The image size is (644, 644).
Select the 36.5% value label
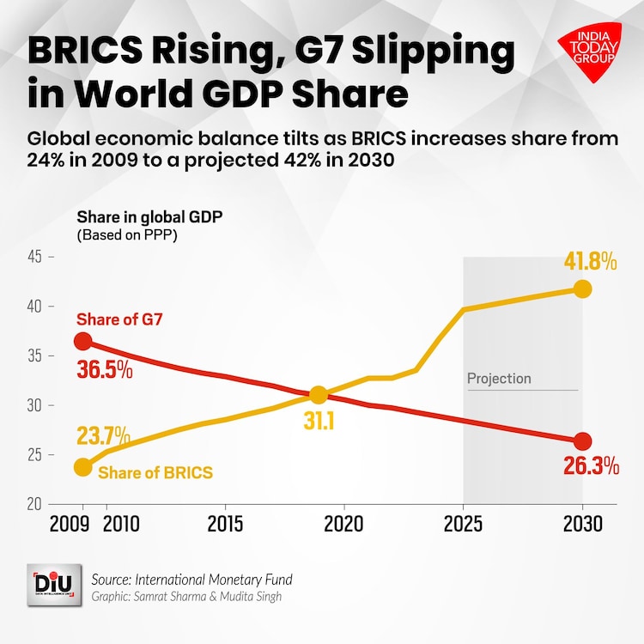point(105,370)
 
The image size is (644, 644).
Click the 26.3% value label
point(592,466)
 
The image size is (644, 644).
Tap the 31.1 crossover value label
point(320,422)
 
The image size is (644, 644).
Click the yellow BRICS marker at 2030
point(582,289)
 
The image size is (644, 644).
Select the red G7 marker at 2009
point(82,341)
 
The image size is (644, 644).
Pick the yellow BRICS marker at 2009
point(82,467)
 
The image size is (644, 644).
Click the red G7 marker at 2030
point(582,441)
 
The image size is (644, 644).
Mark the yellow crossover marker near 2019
point(319,395)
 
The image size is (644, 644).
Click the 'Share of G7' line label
point(119,320)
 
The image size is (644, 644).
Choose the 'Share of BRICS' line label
point(155,472)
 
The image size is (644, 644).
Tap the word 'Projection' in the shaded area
point(499,379)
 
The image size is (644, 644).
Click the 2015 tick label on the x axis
point(224,523)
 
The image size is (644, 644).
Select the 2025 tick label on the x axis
point(463,523)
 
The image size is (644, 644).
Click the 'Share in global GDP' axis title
point(150,216)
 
